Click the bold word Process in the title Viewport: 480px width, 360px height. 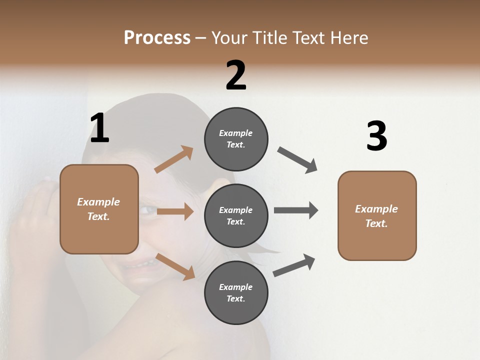coord(157,38)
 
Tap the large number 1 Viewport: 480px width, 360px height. coord(99,128)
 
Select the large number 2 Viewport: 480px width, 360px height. coord(236,75)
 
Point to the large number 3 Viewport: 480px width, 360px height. coord(376,136)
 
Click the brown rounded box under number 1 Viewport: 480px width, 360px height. coord(99,209)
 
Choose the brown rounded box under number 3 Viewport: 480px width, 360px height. coord(377,215)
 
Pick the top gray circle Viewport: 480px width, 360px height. coord(236,139)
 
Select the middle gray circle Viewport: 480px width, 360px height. coord(236,215)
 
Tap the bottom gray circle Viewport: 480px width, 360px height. coord(236,292)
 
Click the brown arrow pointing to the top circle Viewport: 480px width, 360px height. coord(174,159)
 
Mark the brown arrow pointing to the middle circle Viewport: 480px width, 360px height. coord(175,211)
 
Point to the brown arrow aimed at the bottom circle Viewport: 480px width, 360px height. coord(175,266)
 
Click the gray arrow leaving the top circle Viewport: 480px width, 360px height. coord(297,160)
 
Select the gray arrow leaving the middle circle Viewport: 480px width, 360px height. coord(295,210)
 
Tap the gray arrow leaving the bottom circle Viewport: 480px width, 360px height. coord(294,265)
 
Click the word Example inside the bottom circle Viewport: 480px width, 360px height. coord(235,287)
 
